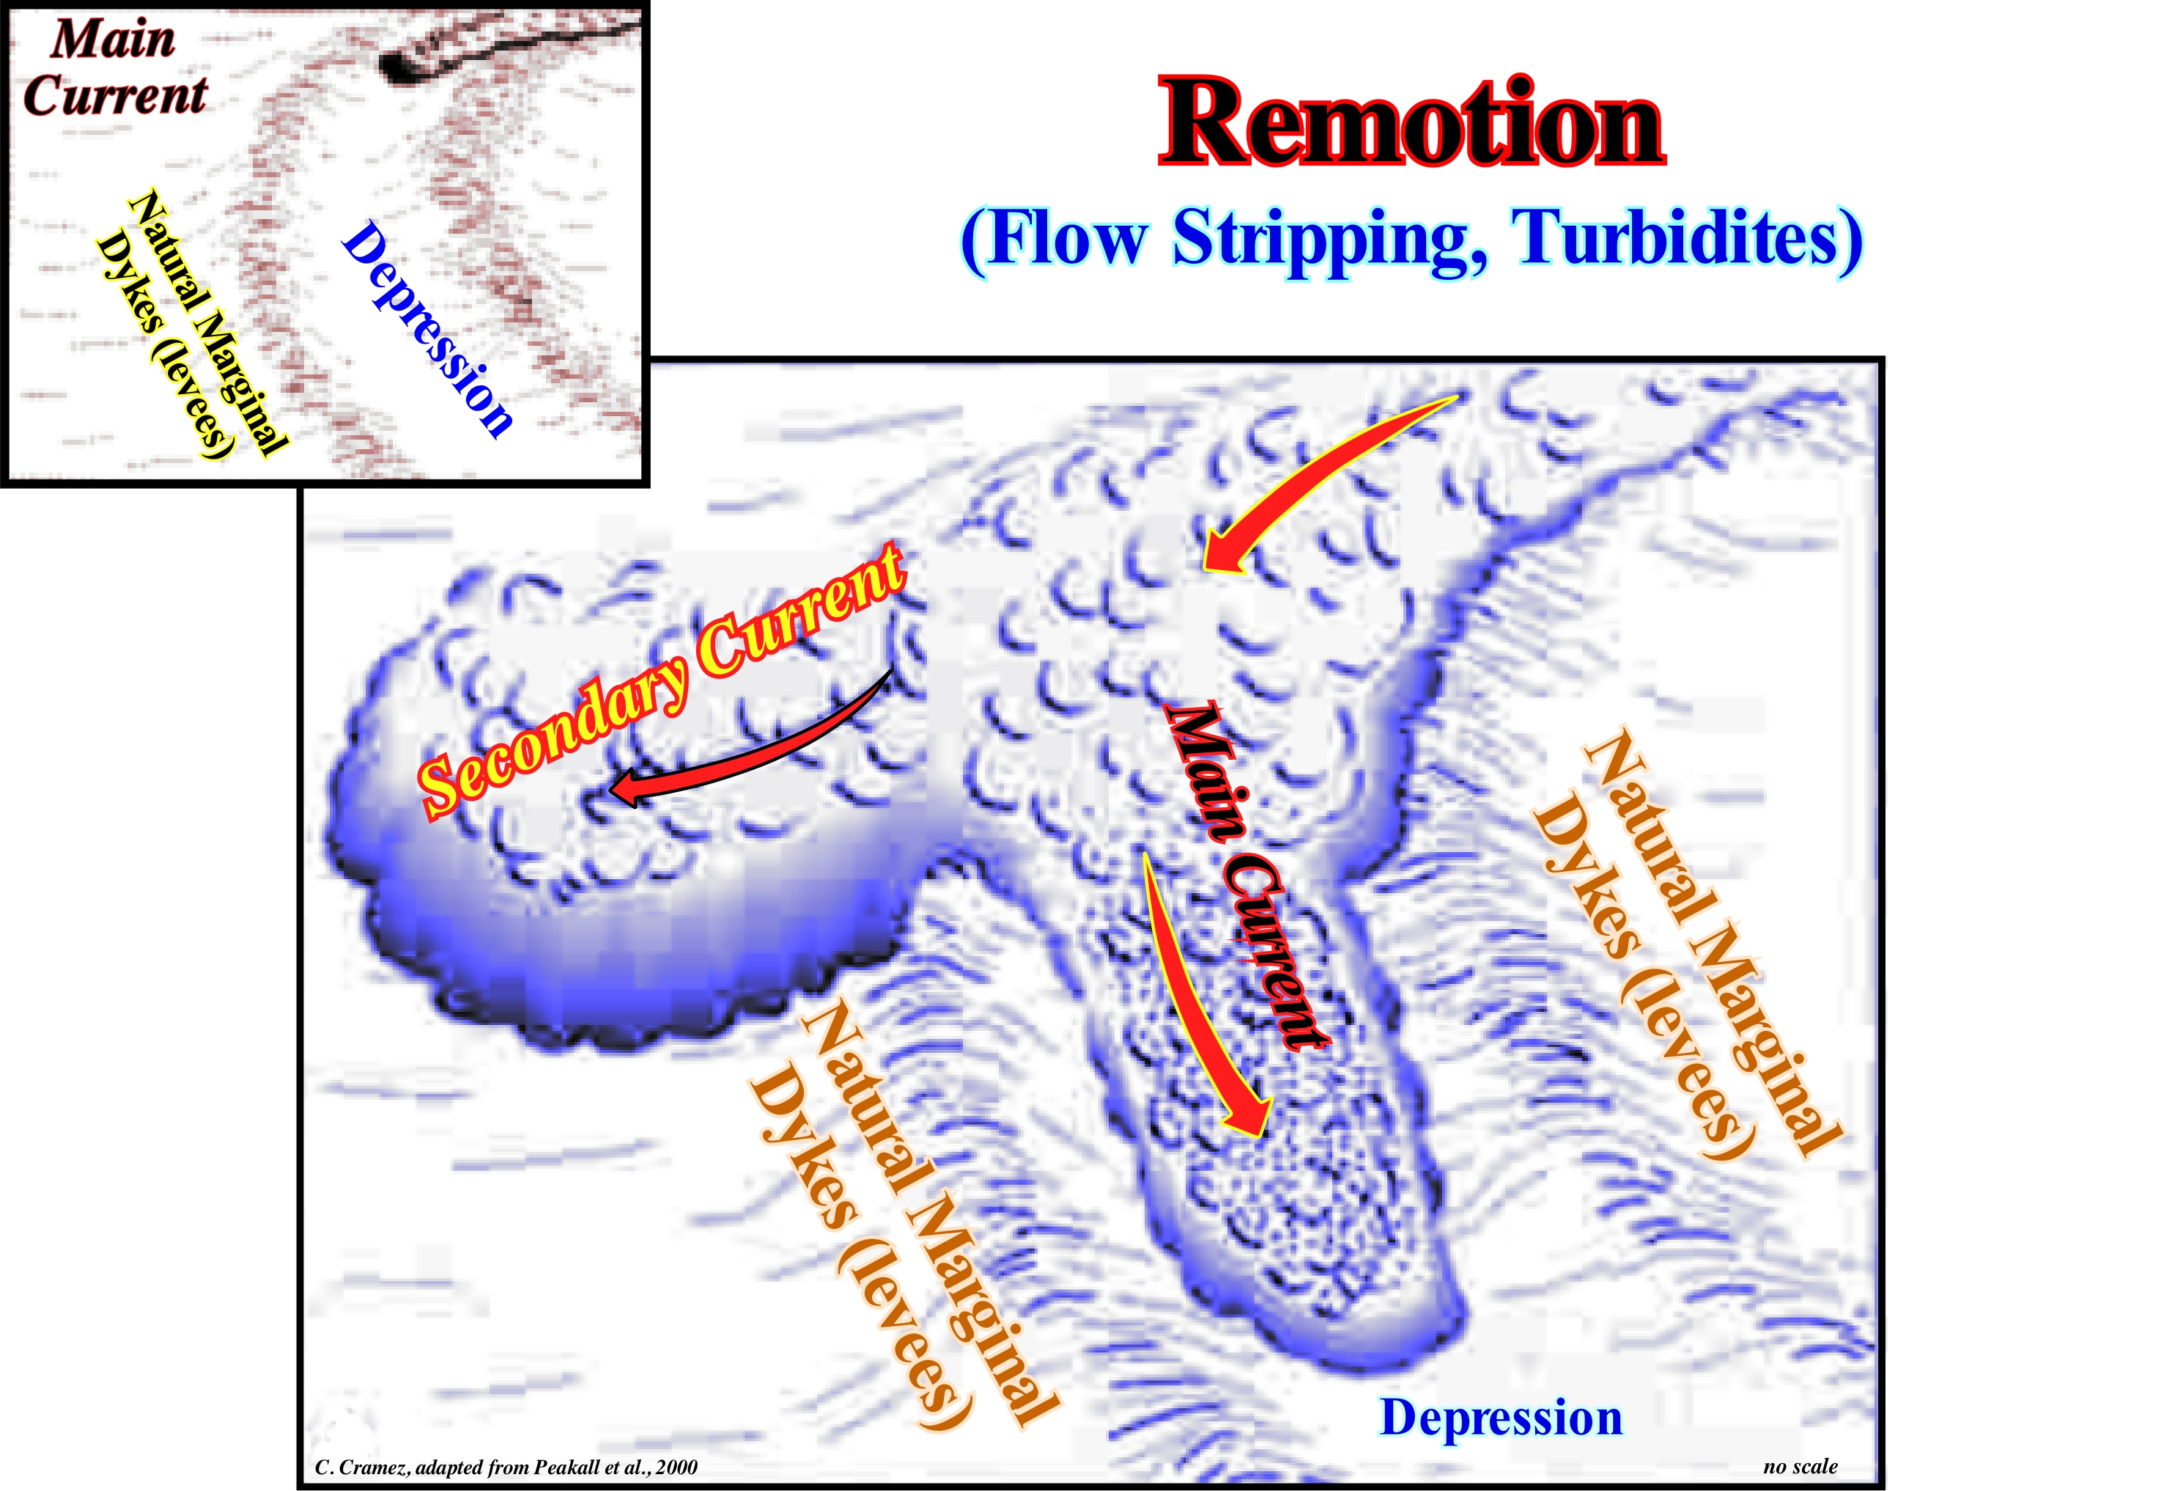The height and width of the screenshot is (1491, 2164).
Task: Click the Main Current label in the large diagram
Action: click(x=1243, y=873)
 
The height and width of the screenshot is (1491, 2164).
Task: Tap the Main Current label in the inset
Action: click(x=114, y=67)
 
